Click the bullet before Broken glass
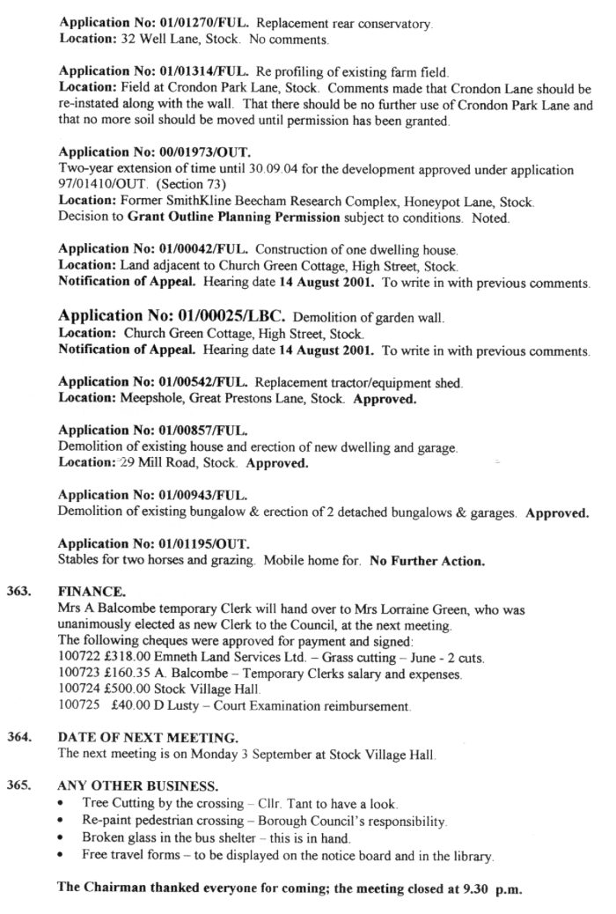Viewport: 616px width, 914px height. pos(60,837)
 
